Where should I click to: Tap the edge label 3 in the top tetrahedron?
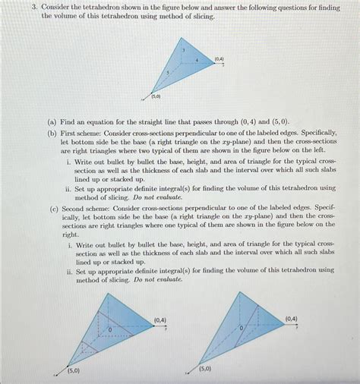point(183,50)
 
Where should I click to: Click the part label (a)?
point(52,121)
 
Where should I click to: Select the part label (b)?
point(52,131)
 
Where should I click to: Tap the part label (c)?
point(52,206)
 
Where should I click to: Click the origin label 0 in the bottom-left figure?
point(109,330)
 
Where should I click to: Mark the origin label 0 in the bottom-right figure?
point(242,327)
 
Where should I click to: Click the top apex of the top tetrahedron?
point(182,37)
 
